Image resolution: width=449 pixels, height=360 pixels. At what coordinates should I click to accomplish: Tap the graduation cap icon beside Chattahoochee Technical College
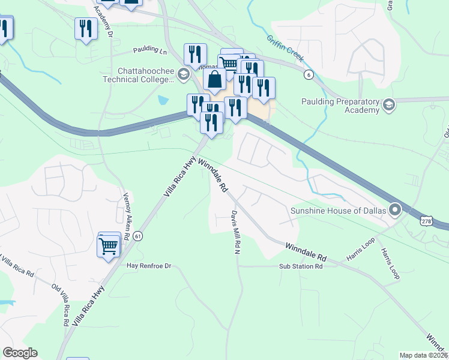(x=184, y=74)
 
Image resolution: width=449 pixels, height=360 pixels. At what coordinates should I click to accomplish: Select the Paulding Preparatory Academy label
(x=341, y=106)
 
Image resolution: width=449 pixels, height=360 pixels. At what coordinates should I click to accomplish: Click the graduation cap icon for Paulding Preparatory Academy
(x=389, y=106)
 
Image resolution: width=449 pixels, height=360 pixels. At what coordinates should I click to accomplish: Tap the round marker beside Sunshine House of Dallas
(x=395, y=210)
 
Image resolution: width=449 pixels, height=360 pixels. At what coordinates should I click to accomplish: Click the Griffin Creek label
(x=285, y=50)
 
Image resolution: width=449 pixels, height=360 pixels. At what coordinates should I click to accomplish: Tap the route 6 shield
(x=309, y=74)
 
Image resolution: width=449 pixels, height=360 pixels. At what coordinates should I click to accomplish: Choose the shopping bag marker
(x=214, y=80)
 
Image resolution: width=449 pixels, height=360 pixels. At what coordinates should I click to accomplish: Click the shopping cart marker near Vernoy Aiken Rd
(x=109, y=245)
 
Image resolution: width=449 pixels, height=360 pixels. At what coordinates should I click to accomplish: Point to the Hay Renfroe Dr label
(x=149, y=265)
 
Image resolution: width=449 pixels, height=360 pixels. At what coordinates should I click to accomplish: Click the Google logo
(x=20, y=353)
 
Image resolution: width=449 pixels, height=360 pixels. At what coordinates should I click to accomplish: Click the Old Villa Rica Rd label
(x=63, y=303)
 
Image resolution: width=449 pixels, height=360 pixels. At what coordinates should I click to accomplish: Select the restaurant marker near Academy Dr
(x=86, y=28)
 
